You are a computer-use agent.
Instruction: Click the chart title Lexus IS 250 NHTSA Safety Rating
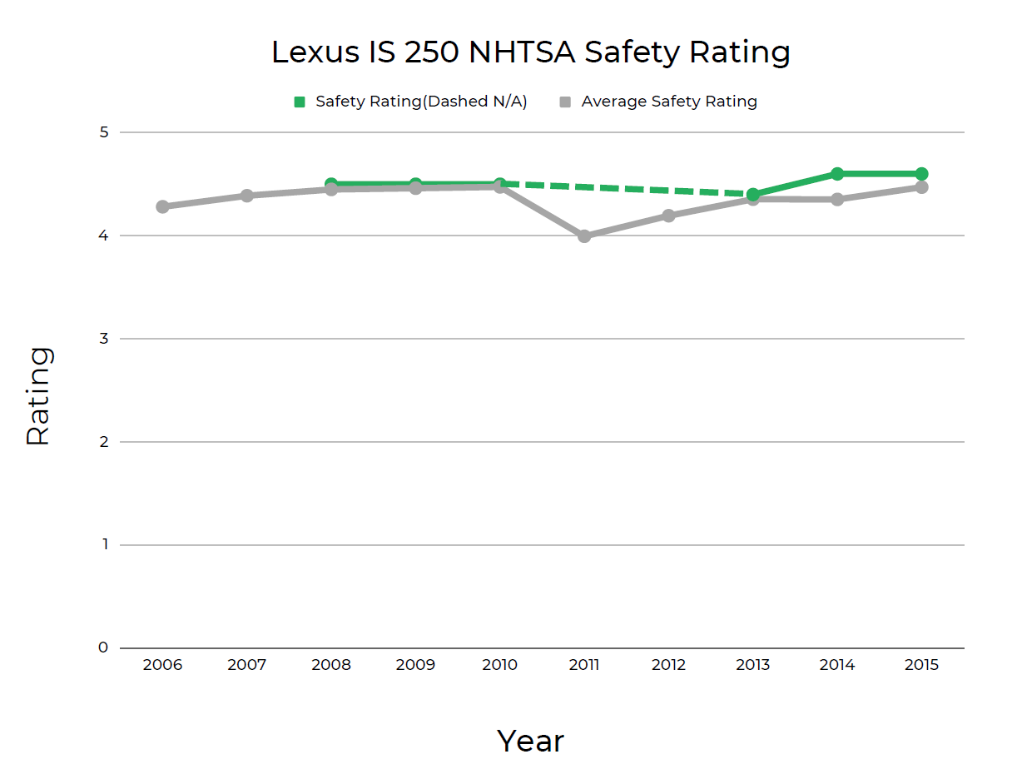click(530, 52)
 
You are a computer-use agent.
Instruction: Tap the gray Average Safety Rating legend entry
click(658, 102)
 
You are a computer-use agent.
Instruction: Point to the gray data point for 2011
click(584, 236)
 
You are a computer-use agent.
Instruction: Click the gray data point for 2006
click(162, 206)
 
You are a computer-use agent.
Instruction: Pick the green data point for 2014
click(837, 174)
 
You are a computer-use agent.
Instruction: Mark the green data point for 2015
click(921, 174)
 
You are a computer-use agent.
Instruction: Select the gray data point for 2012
click(668, 216)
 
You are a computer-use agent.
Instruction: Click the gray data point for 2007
click(247, 196)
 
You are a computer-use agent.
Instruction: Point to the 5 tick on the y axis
click(103, 132)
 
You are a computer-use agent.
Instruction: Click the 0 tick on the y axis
click(103, 647)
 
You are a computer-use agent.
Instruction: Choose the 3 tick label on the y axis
click(103, 339)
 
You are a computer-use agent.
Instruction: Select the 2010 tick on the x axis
click(499, 665)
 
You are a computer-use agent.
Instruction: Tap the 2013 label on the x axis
click(752, 665)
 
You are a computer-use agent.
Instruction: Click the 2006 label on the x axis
click(162, 665)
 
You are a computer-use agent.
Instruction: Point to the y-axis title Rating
click(38, 396)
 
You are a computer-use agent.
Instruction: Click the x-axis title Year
click(530, 739)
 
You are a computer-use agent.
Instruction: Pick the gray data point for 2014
click(837, 200)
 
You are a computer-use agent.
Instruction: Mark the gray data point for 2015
click(921, 187)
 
